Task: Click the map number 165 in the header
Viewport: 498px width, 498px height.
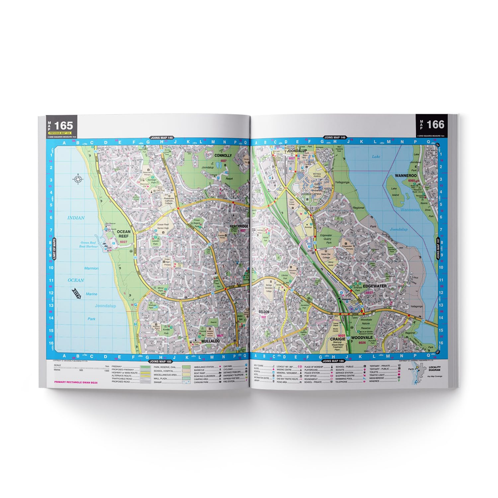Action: coord(63,125)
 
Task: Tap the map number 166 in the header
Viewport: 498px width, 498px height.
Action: coord(435,125)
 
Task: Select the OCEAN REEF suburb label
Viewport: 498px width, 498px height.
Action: coord(126,234)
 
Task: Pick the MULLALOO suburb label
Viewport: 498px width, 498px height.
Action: coord(207,341)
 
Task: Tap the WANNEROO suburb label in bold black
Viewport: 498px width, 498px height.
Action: coord(405,176)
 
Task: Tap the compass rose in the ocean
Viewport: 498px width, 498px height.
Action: coord(78,180)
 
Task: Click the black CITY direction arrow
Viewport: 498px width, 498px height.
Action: coord(76,295)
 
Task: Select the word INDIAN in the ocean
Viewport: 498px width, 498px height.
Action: coord(76,218)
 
